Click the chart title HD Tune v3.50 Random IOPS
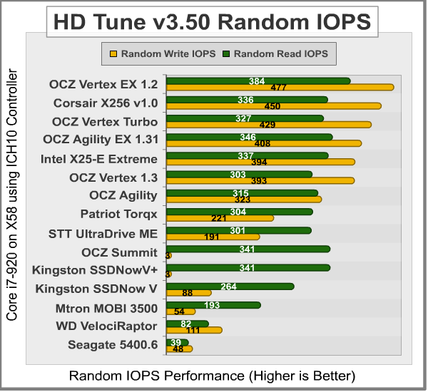213,21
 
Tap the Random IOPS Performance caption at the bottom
212,375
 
